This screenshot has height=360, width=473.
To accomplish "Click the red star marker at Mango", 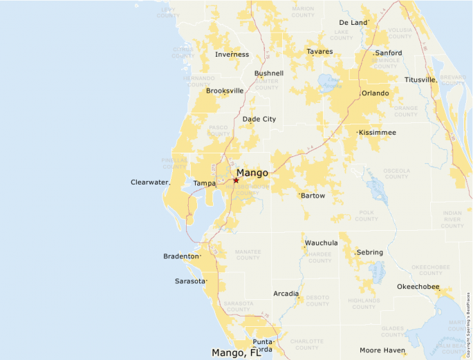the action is (x=236, y=180).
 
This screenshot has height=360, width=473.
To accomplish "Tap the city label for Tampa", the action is (x=204, y=183).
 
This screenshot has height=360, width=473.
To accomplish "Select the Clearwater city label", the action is (x=149, y=182).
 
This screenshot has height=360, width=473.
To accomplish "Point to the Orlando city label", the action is (x=375, y=93).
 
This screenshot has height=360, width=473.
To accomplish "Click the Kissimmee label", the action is (x=378, y=132).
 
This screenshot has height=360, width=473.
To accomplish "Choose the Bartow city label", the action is (x=313, y=196).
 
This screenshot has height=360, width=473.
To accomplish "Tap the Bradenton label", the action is (x=180, y=256).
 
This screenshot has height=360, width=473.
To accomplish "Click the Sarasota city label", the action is (x=189, y=281).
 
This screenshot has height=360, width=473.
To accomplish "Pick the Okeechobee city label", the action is (x=418, y=287).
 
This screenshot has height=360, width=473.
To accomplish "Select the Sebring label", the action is (x=370, y=252).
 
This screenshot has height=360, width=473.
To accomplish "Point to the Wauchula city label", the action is (x=321, y=243).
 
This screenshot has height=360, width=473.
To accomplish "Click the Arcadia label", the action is (x=286, y=294).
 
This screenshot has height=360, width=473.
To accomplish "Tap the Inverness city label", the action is (x=232, y=55).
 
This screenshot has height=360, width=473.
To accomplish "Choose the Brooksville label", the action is (x=225, y=91).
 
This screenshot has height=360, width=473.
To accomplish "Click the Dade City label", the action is (x=259, y=119).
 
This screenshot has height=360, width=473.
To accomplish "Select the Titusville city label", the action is (x=420, y=79).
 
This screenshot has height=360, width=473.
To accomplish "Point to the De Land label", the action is (x=353, y=23).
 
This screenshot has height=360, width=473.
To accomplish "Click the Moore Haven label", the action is (x=382, y=350).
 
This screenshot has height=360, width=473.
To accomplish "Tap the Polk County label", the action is (x=366, y=216).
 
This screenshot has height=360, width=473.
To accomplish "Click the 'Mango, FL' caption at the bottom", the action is (x=236, y=353).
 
